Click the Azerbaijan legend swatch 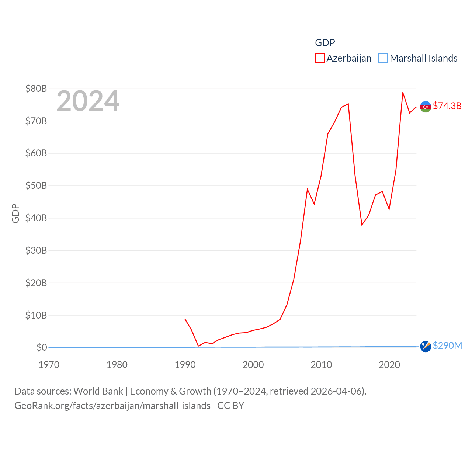coord(319,58)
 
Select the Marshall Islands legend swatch coord(383,58)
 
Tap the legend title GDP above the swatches coord(325,43)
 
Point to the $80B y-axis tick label coord(36,88)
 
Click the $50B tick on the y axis coord(36,185)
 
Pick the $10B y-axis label coord(36,315)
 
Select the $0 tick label coord(42,347)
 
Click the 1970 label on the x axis coord(49,365)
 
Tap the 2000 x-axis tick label coord(253,365)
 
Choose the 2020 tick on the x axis coord(389,365)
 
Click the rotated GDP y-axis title coord(15,213)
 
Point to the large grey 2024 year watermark coord(88,101)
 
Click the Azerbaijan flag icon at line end coord(426,107)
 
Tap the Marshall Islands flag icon coord(426,346)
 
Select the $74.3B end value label coord(447,106)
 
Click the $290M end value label coord(447,346)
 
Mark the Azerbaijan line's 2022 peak coord(403,93)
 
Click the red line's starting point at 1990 coord(185,319)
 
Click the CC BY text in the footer coord(231,406)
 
